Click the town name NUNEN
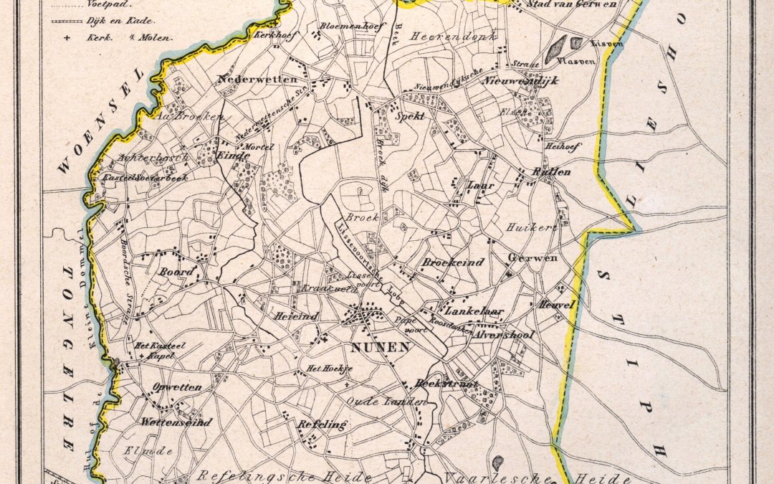(x=381, y=348)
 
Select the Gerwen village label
(x=532, y=257)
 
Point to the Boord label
(x=176, y=272)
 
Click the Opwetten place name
(x=176, y=387)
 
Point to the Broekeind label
(x=452, y=262)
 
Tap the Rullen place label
(x=552, y=171)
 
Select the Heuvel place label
(x=558, y=305)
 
